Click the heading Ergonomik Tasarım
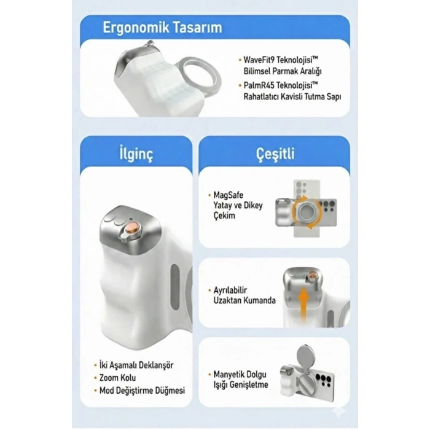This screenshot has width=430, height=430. (x=162, y=28)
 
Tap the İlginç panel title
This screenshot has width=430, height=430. (x=136, y=154)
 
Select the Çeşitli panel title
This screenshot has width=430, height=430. (x=275, y=154)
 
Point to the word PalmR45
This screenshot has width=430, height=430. (x=259, y=85)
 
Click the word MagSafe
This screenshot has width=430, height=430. (x=228, y=195)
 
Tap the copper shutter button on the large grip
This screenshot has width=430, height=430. (x=131, y=229)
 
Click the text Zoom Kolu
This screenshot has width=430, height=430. (x=117, y=378)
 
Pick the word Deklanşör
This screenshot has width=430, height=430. (x=156, y=365)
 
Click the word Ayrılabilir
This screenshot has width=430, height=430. (x=230, y=290)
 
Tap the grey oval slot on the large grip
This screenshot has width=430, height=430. (x=175, y=287)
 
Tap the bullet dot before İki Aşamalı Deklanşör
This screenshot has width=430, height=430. (x=95, y=365)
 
